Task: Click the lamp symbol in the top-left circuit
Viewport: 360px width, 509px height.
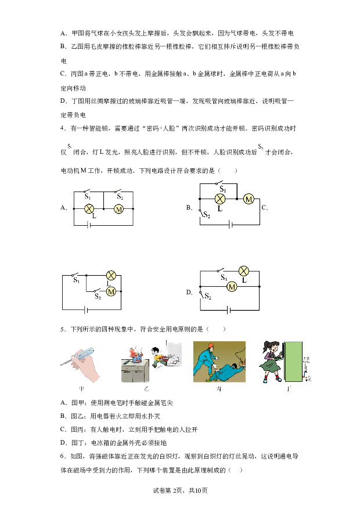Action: [x=89, y=208]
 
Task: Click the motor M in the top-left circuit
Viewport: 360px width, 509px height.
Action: [x=118, y=209]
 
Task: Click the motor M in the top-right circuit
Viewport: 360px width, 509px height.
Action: [x=249, y=199]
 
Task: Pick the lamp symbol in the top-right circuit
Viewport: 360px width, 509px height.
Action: [x=219, y=198]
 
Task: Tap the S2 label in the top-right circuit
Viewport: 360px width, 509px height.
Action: [x=207, y=215]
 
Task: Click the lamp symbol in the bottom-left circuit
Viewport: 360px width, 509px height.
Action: [x=112, y=275]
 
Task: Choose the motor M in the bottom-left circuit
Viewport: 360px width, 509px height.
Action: [x=111, y=291]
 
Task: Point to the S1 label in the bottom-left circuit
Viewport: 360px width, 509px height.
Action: [x=76, y=280]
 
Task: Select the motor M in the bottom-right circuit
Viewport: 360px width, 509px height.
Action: [x=231, y=287]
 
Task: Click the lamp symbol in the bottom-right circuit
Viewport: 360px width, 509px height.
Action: [x=244, y=270]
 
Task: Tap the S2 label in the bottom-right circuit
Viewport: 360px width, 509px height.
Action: [x=207, y=297]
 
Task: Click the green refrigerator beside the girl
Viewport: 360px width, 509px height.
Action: [x=294, y=361]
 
